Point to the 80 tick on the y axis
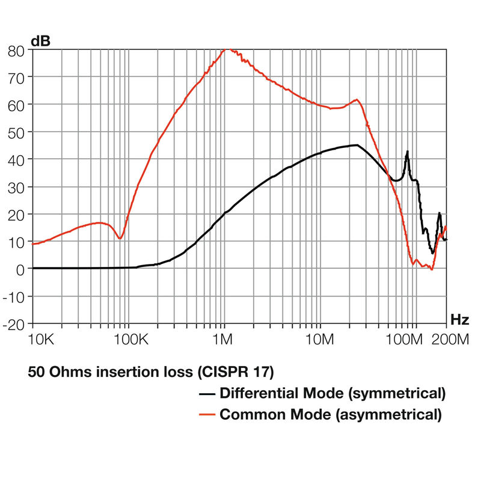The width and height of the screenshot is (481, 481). click(16, 51)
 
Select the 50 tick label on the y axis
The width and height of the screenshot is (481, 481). click(16, 132)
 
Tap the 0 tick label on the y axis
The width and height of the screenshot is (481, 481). click(20, 269)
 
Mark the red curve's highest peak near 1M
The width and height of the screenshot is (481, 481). click(227, 50)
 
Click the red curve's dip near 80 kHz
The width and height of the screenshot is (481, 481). click(120, 239)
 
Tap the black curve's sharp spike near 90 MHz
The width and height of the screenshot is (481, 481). click(407, 152)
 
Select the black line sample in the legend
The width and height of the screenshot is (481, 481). click(207, 394)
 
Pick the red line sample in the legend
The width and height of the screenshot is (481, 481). click(207, 414)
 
